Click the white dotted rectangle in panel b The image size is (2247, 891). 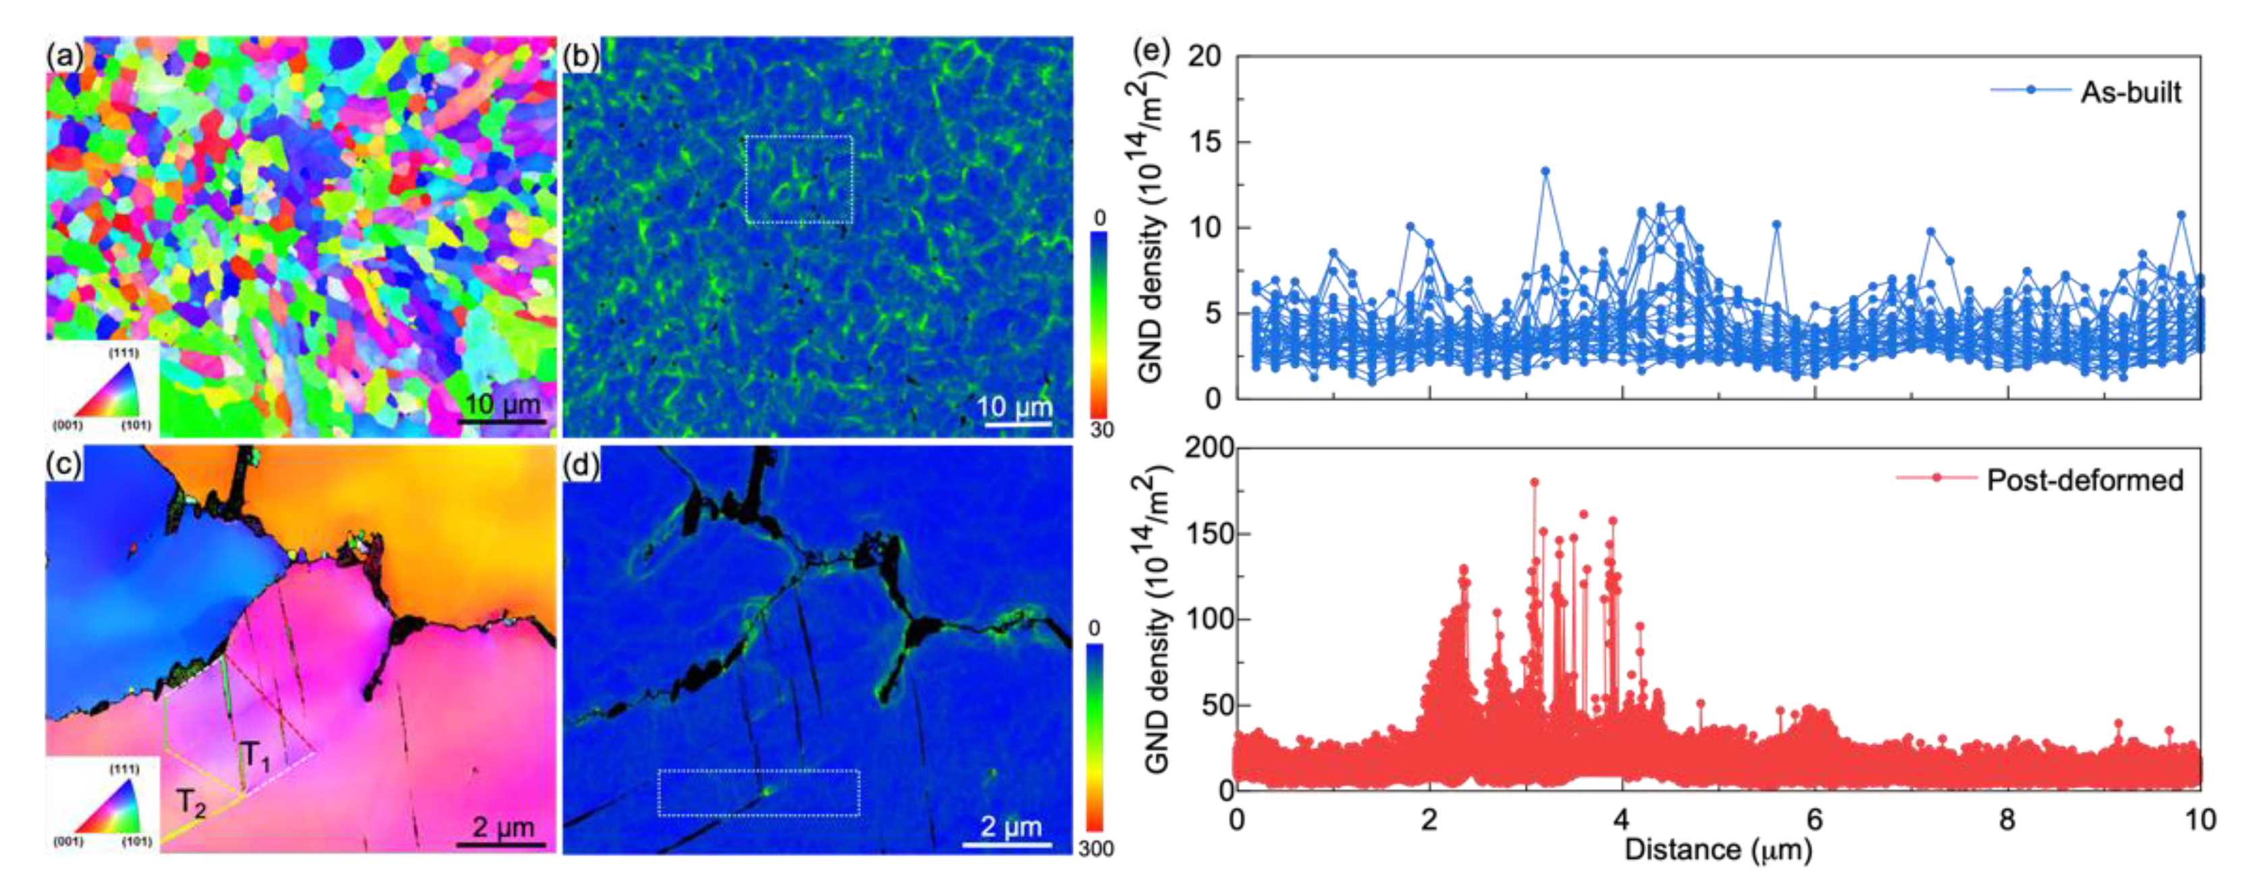coord(799,180)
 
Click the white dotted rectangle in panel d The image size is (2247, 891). coord(759,792)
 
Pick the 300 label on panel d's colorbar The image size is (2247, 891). coord(1096,848)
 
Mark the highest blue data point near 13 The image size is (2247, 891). coord(1545,171)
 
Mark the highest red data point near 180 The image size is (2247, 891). coord(1534,482)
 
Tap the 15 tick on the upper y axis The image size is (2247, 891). coord(1207,142)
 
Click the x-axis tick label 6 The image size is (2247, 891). coord(1814,819)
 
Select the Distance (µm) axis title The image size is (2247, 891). coord(1718,849)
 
